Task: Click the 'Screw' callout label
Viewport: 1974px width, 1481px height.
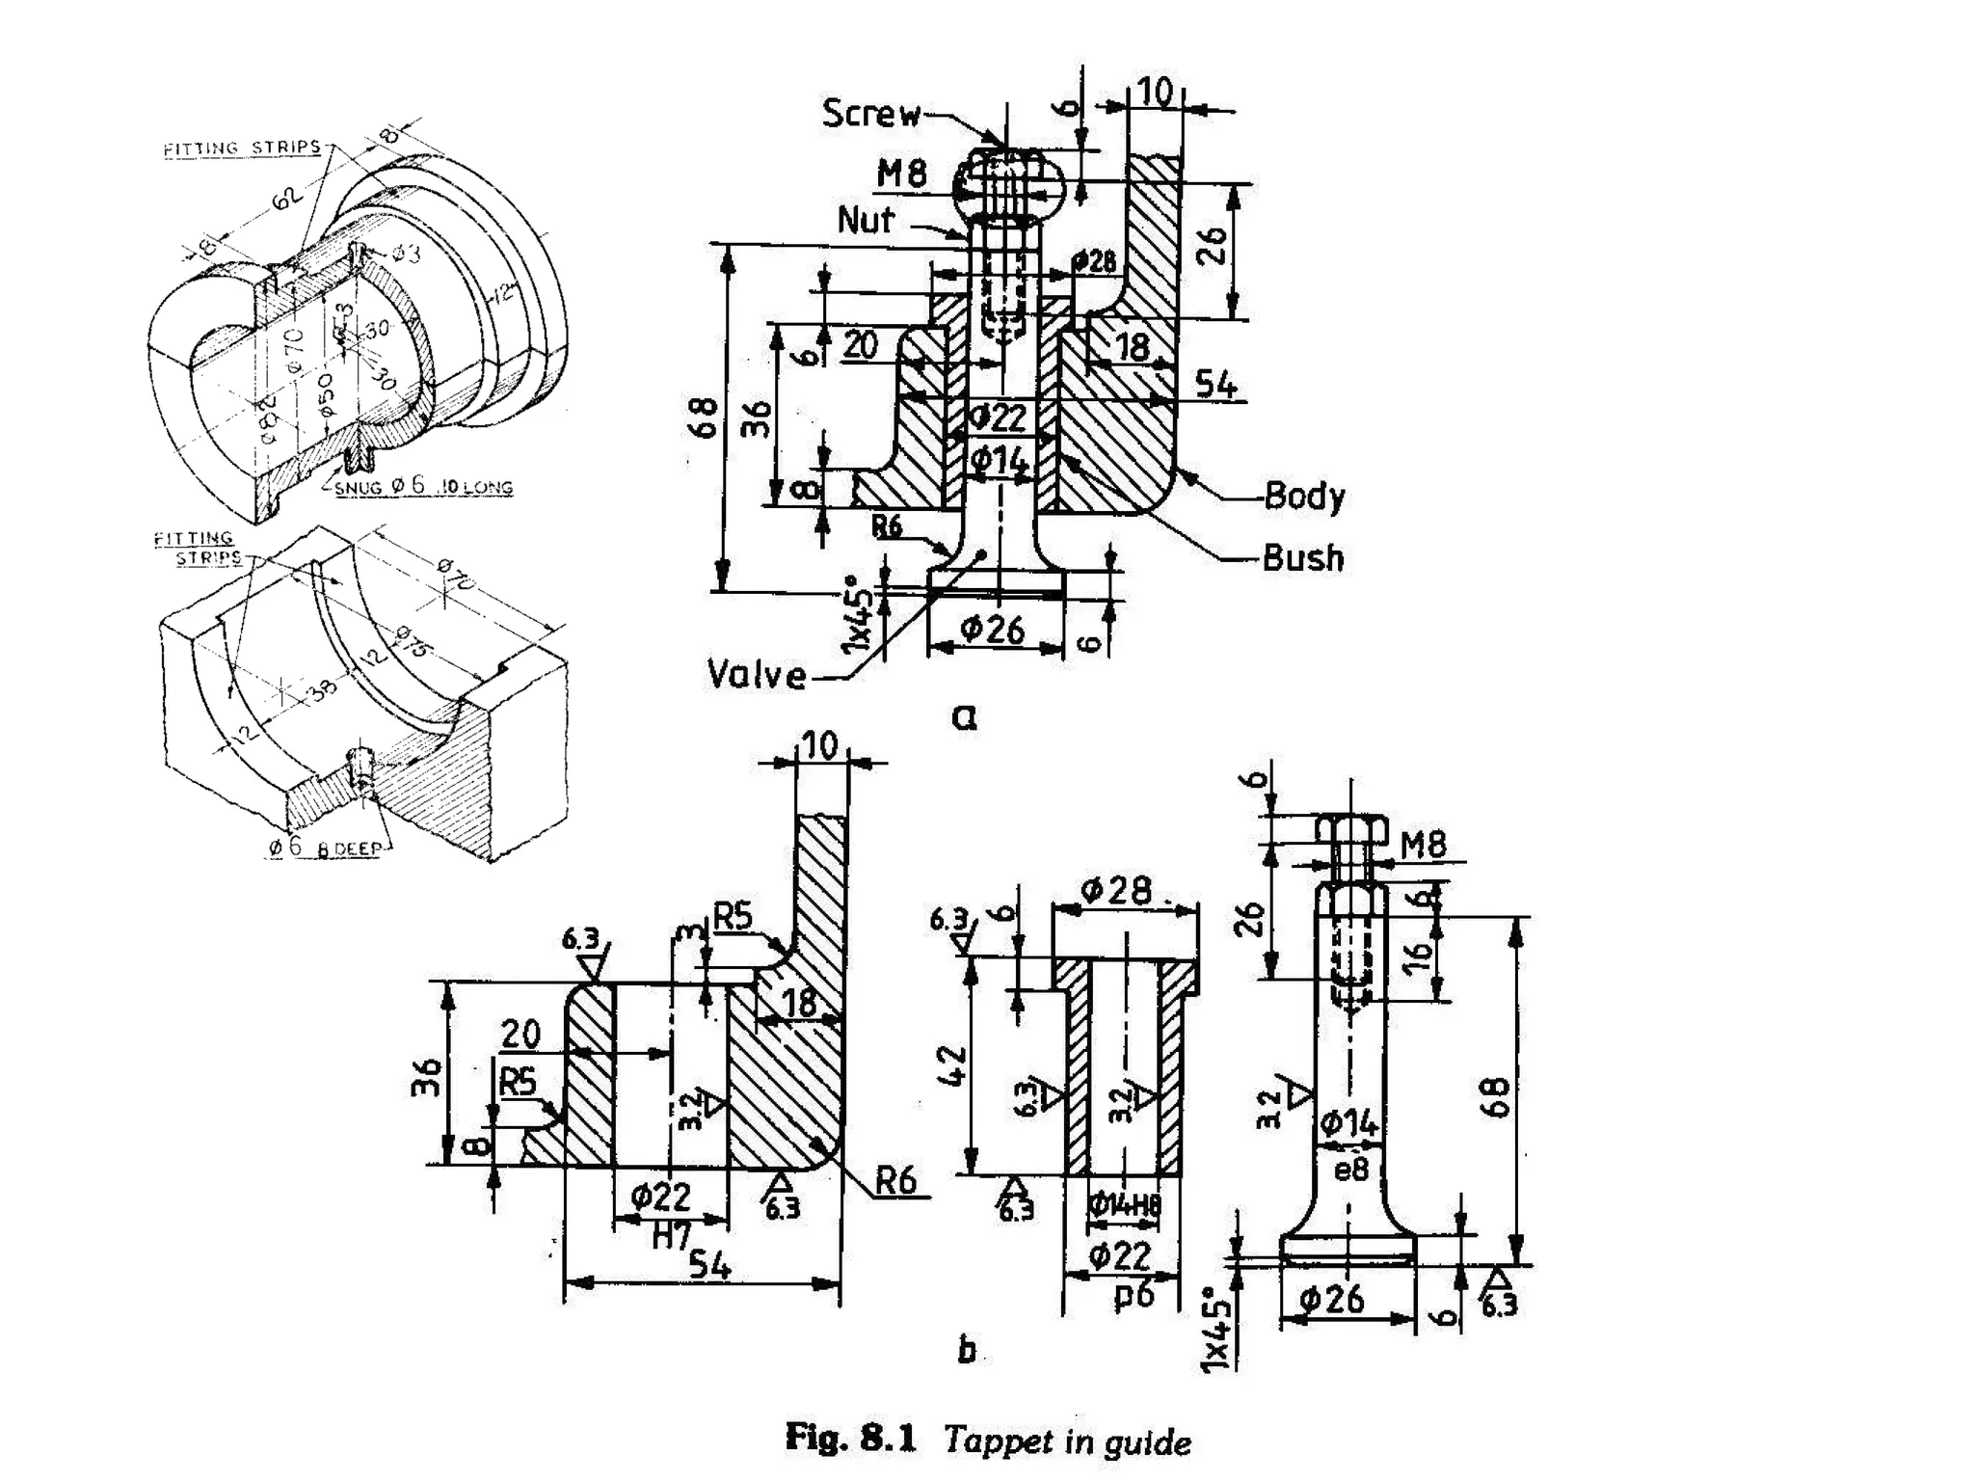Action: tap(870, 114)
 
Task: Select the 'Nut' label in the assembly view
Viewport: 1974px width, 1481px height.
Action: tap(865, 221)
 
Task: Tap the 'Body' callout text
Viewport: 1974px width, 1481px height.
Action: tap(1303, 496)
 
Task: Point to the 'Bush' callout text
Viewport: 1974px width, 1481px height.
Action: tap(1302, 558)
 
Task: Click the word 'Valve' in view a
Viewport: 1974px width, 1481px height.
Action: tap(756, 674)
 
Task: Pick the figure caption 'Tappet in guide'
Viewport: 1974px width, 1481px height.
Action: tap(1067, 1441)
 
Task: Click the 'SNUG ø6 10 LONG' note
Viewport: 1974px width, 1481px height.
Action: tap(424, 487)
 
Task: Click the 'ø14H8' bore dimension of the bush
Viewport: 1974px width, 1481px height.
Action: tap(1124, 1205)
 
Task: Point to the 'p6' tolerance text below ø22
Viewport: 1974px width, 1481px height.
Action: tap(1134, 1295)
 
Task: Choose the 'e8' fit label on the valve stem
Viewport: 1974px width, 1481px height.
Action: tap(1350, 1170)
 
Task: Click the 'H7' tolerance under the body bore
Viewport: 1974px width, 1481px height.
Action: tap(671, 1235)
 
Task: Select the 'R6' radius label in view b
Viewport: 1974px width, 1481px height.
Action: tap(895, 1180)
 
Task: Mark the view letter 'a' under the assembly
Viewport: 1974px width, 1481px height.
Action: tap(963, 716)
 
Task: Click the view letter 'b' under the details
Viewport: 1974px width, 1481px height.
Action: tap(967, 1350)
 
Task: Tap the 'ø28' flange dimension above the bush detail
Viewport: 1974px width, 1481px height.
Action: tap(1115, 891)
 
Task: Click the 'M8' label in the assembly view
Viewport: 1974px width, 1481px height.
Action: tap(901, 175)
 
